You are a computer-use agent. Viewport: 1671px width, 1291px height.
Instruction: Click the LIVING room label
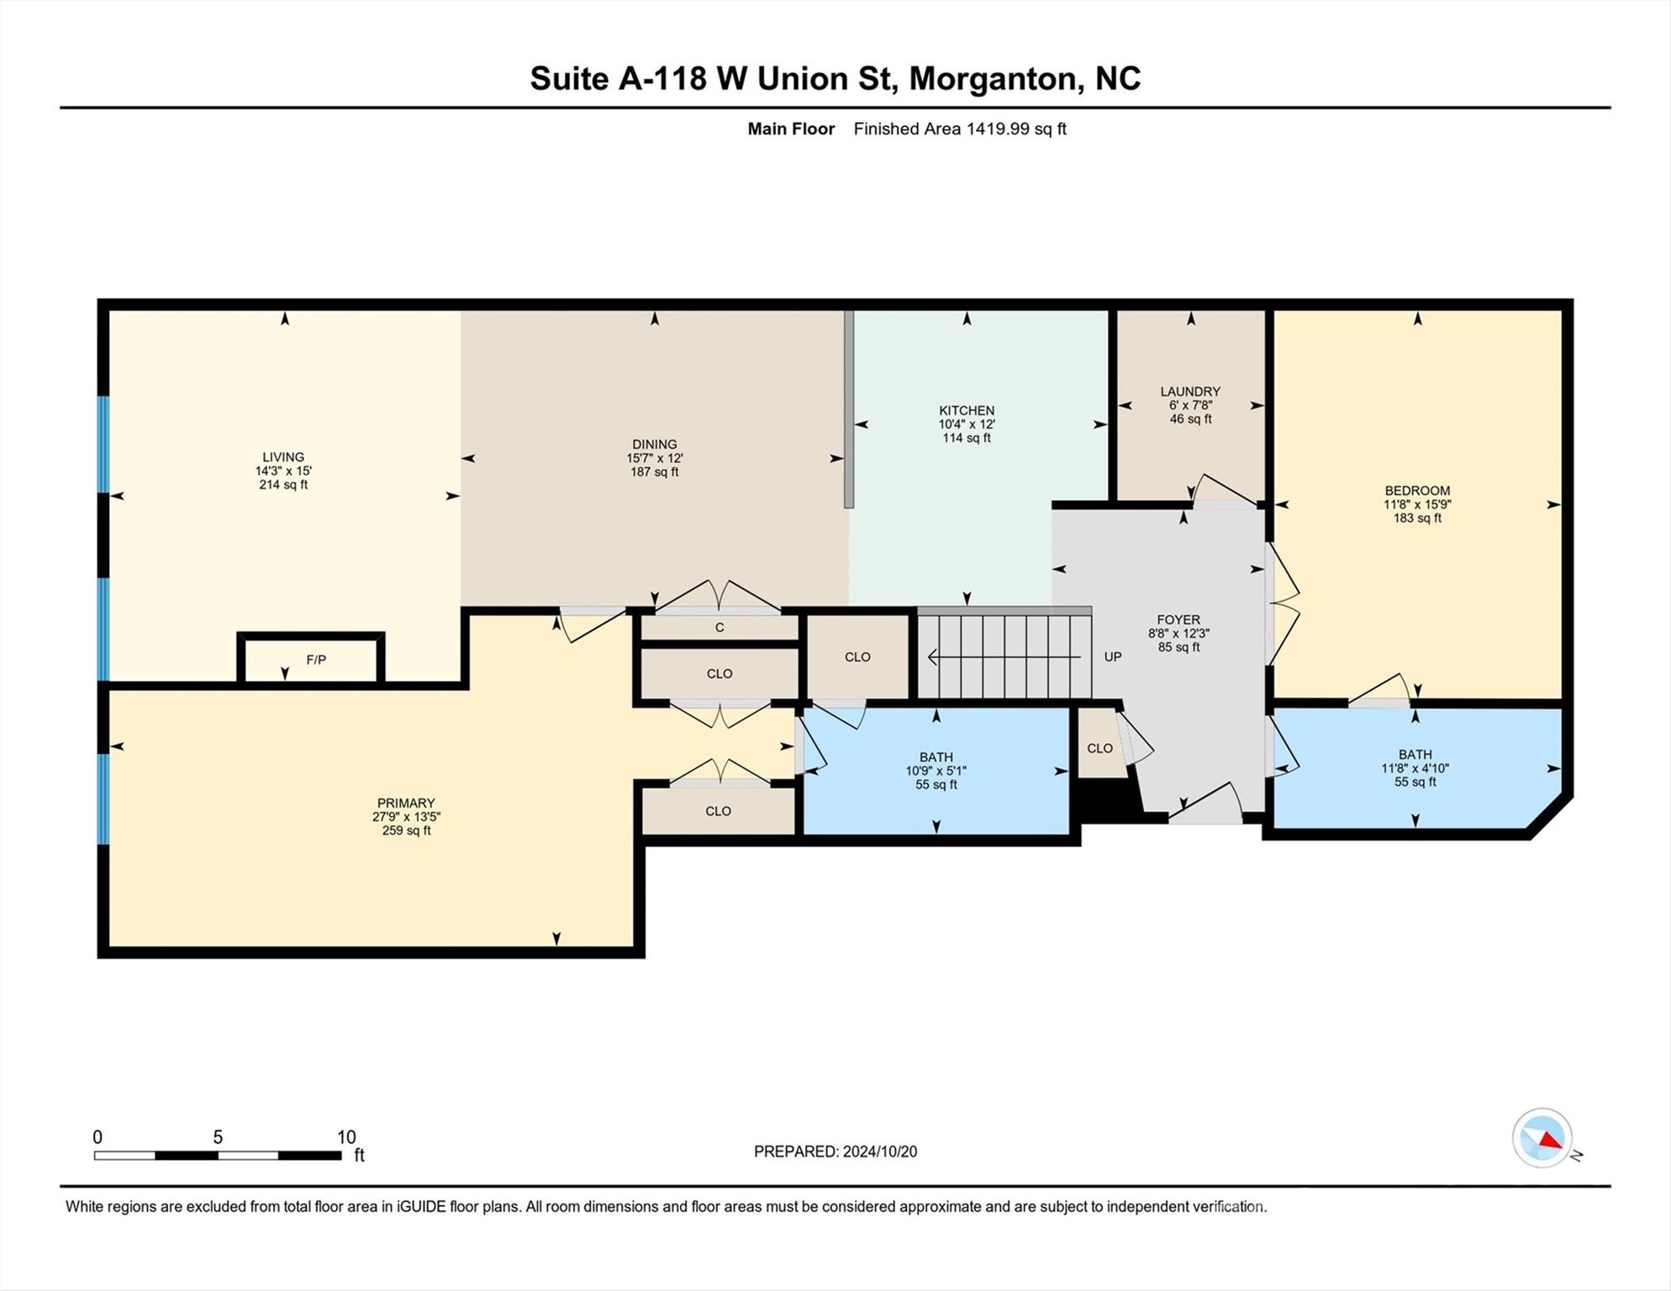283,457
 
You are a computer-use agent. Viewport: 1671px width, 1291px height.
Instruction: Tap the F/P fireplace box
315,660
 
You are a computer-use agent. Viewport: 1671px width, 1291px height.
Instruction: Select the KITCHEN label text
967,410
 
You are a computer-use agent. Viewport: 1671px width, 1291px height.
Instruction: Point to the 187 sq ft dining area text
655,472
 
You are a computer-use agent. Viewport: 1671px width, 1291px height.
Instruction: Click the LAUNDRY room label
1190,391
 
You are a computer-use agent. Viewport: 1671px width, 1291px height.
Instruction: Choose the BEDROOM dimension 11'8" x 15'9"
1417,504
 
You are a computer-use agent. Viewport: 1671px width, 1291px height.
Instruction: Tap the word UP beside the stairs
1113,656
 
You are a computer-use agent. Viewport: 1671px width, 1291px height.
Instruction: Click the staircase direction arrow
1004,656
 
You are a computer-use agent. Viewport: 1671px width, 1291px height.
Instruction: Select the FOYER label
1178,619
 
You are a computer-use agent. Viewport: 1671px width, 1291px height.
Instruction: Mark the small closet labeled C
720,628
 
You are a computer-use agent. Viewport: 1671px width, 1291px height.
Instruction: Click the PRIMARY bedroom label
406,803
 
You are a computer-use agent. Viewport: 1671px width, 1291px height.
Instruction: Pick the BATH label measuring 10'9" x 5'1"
936,756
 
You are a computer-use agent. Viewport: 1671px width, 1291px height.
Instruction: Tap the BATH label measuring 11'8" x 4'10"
1415,754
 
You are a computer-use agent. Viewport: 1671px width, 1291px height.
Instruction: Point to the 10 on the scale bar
346,1137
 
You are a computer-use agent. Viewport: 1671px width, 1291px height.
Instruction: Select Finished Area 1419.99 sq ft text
960,129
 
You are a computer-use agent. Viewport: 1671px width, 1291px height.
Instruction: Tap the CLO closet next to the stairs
857,656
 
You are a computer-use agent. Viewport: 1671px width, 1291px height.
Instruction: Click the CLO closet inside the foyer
1099,748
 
